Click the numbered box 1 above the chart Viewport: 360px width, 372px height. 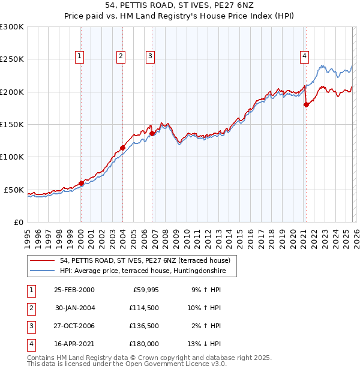pyautogui.click(x=80, y=56)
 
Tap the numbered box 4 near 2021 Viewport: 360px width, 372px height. pyautogui.click(x=305, y=56)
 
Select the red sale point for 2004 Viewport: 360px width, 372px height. pyautogui.click(x=122, y=147)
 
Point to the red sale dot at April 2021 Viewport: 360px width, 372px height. pyautogui.click(x=306, y=104)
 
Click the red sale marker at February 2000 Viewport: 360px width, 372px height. pyautogui.click(x=81, y=183)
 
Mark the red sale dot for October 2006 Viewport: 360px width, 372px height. pyautogui.click(x=152, y=133)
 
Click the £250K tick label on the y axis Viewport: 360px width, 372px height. pyautogui.click(x=12, y=59)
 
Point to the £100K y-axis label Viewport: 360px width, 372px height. pyautogui.click(x=12, y=157)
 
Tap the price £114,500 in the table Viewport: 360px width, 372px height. pyautogui.click(x=143, y=308)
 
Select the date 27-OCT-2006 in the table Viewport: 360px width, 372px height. pyautogui.click(x=74, y=326)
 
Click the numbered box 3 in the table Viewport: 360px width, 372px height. pyautogui.click(x=31, y=326)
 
